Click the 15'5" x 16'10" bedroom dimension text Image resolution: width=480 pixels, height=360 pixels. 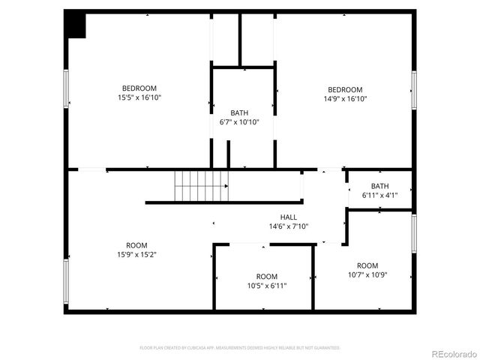tap(139, 97)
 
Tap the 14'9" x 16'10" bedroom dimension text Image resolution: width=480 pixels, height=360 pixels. tap(344, 99)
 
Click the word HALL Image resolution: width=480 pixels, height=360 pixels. tap(289, 217)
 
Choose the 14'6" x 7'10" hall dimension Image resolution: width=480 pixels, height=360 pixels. tap(289, 226)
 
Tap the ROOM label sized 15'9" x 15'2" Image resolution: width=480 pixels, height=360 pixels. tap(136, 245)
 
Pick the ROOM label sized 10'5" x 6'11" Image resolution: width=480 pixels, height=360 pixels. tap(267, 276)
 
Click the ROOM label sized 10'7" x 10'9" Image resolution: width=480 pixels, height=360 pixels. tap(367, 265)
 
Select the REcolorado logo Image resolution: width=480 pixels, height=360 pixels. tap(448, 353)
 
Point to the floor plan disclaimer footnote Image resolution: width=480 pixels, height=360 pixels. tap(240, 348)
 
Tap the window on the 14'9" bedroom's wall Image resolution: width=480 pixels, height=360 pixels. tap(413, 88)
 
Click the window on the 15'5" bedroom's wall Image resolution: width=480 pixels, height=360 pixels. tap(67, 88)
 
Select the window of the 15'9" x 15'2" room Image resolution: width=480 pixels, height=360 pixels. tap(67, 281)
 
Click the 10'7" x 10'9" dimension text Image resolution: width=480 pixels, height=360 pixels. tap(367, 274)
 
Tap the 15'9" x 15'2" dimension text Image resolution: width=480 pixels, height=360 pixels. tap(136, 254)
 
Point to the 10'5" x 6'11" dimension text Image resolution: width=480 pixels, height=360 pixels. tap(267, 286)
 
